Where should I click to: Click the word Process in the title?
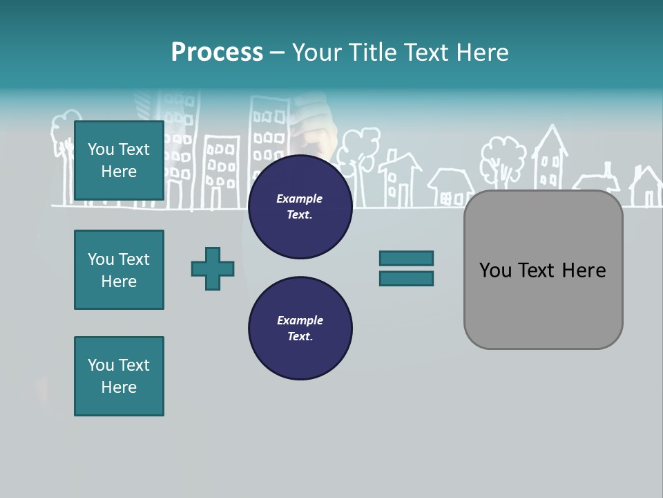217,52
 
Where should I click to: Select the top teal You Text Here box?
119,160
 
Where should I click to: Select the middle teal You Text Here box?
119,270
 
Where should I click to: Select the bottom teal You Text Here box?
119,376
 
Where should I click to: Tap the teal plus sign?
213,268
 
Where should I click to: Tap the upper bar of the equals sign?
406,258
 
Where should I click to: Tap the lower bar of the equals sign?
406,279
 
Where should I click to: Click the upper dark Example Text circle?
300,206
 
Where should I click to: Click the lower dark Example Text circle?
300,328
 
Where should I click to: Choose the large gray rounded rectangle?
543,304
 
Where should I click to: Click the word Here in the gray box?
584,270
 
